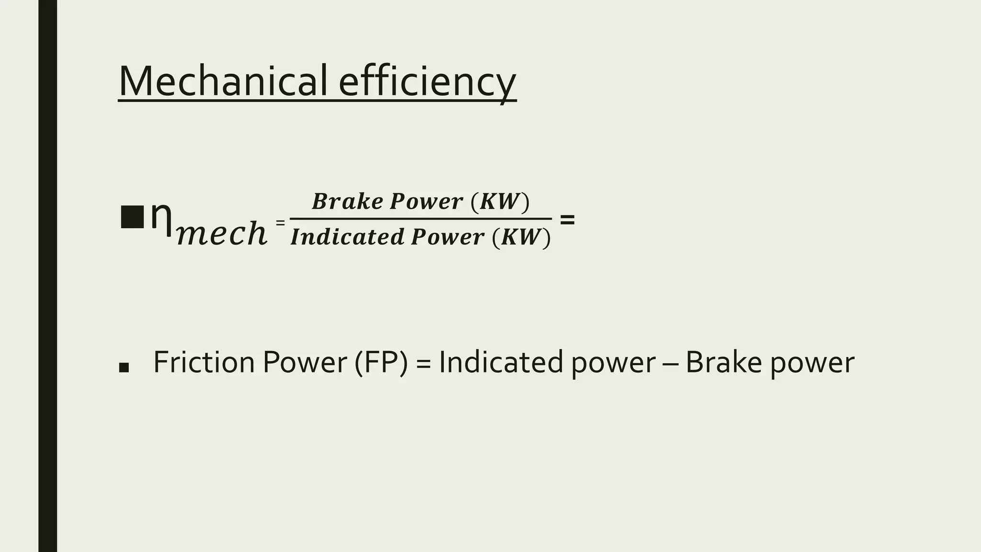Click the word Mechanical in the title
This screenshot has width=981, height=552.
click(223, 81)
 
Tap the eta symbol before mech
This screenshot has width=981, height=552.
click(161, 218)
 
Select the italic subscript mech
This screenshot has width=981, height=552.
click(221, 233)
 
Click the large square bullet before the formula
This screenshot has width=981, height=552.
click(132, 217)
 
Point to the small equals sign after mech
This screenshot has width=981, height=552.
click(280, 222)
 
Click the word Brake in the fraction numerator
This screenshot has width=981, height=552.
click(347, 201)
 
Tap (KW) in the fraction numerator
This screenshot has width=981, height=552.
click(500, 201)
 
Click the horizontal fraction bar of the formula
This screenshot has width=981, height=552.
click(421, 219)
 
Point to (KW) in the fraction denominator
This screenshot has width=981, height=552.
click(521, 237)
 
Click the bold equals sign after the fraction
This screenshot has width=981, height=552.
click(567, 220)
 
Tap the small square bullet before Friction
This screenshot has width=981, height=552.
click(124, 368)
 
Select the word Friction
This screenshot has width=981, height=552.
click(204, 362)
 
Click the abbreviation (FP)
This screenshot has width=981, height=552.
click(381, 362)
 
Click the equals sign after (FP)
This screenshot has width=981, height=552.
click(423, 363)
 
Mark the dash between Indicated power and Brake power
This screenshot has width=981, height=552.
click(670, 363)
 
